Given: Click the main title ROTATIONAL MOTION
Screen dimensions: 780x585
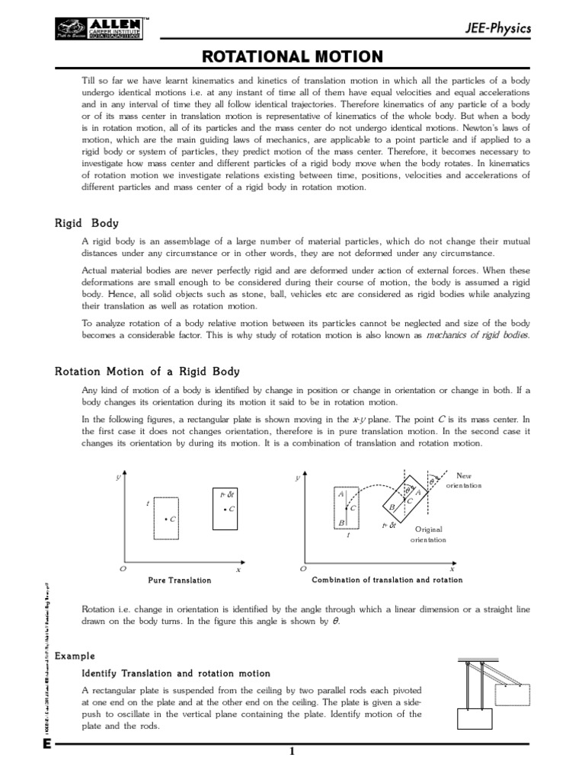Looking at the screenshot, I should click(x=292, y=56).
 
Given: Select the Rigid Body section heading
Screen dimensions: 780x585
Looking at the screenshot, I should click(x=87, y=223).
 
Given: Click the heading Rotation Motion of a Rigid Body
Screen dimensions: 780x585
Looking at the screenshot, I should click(x=147, y=372).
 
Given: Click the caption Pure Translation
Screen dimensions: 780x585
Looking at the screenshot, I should click(x=179, y=580).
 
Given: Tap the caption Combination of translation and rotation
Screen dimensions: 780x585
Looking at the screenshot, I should click(x=387, y=580).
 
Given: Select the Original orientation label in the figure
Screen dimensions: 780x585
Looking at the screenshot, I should click(x=427, y=534).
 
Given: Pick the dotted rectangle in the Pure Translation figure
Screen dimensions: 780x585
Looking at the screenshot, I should click(x=166, y=519).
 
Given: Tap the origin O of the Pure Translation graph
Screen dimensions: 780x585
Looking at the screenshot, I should click(x=123, y=568).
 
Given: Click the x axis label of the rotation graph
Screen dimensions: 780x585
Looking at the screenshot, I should click(x=451, y=568).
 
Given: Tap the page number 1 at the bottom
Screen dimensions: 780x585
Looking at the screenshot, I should click(x=291, y=753).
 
